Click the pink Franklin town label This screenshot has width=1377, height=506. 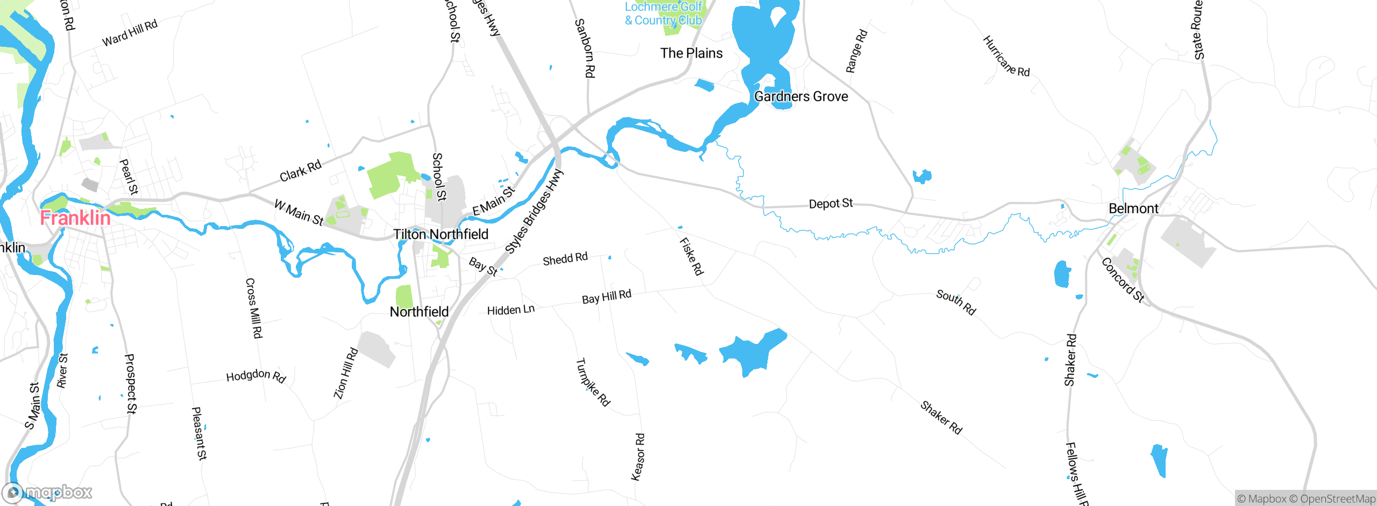(75, 218)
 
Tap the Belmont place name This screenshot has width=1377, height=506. (1133, 208)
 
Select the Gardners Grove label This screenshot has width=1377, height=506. (801, 96)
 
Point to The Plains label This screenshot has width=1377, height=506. (691, 53)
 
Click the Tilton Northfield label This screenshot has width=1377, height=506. (441, 234)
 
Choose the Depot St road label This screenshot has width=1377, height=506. (831, 203)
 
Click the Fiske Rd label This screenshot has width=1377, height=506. (691, 257)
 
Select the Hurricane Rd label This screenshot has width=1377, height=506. (1006, 56)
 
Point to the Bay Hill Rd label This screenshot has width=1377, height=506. (606, 297)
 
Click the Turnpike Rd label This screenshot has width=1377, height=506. (593, 382)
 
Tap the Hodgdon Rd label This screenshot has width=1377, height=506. (255, 376)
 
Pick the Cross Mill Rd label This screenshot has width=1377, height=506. (254, 308)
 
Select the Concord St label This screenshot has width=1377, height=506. (1123, 280)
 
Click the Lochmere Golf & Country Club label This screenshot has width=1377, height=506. (663, 14)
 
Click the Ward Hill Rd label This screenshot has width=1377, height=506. (130, 33)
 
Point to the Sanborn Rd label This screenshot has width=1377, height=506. (585, 48)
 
